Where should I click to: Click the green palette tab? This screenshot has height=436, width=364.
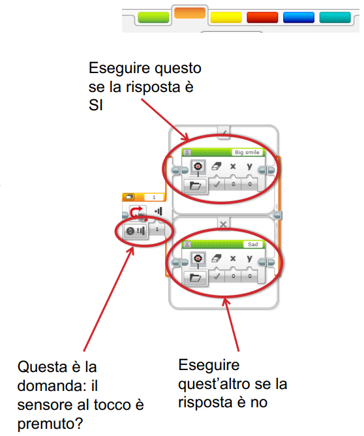click(153, 17)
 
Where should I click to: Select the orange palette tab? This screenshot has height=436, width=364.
click(190, 13)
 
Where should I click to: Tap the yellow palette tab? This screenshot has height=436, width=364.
click(226, 17)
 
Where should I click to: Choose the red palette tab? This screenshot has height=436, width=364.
click(262, 17)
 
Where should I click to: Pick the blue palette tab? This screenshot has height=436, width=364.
click(299, 17)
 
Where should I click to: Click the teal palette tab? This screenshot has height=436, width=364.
click(335, 17)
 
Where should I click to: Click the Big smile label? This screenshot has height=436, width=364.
click(247, 152)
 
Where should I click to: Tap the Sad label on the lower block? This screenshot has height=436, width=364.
click(253, 244)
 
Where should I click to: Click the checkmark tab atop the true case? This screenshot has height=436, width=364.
click(224, 132)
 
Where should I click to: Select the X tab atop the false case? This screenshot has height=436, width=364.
click(223, 224)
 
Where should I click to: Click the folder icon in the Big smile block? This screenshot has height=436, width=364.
click(196, 185)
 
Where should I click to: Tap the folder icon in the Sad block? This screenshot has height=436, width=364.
click(196, 278)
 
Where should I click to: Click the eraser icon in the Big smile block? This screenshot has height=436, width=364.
click(217, 166)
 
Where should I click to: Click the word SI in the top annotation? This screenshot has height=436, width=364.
click(96, 106)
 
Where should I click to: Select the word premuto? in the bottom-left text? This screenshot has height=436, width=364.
click(50, 424)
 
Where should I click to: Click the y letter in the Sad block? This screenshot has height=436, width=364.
click(250, 258)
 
